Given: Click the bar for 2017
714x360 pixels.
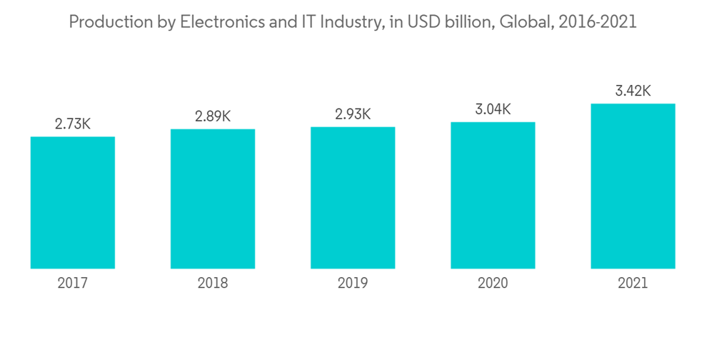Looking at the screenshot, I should [73, 202].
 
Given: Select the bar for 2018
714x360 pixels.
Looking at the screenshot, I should [213, 199].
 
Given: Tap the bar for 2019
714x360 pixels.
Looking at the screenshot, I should [353, 198].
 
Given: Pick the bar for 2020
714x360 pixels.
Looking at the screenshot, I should [493, 195].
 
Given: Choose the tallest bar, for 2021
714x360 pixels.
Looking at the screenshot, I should [633, 186].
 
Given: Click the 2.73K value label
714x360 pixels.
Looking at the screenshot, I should [73, 124].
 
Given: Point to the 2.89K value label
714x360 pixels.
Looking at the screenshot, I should [213, 116].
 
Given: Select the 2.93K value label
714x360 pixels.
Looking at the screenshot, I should [353, 114].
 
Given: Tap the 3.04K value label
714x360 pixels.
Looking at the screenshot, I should [493, 109].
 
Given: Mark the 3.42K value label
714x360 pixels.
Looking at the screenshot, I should [633, 91].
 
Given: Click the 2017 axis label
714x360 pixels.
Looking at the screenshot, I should [73, 284].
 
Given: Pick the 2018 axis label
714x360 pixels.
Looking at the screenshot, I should [213, 284].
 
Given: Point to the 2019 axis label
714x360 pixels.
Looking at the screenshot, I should [353, 284].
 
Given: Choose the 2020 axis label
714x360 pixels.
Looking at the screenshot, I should [493, 284].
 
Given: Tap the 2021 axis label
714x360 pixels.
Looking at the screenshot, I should [633, 284].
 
